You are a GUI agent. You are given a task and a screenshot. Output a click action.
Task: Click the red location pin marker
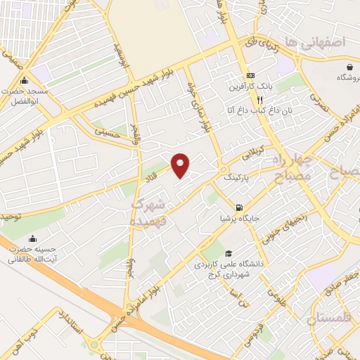click(x=181, y=165)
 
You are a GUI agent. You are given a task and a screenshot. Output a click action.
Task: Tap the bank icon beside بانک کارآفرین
click(x=250, y=76)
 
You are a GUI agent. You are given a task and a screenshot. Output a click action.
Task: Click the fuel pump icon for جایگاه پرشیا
click(x=240, y=207)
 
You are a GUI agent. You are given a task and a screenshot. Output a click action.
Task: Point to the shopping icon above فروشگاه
click(x=349, y=67)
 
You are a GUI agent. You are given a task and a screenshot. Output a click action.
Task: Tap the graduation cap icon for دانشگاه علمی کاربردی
click(x=228, y=254)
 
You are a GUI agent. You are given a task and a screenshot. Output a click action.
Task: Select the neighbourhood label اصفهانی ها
click(x=323, y=43)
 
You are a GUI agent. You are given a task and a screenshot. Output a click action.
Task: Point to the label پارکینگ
click(x=236, y=179)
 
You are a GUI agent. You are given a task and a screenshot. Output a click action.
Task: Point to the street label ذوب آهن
click(x=34, y=338)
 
